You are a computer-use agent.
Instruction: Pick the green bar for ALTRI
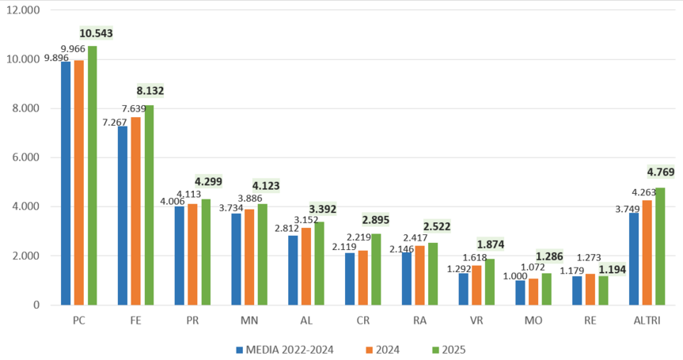point(659,246)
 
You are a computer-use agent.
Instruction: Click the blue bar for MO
point(520,292)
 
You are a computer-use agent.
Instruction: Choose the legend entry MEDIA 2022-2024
point(285,349)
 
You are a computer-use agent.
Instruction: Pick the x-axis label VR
point(477,320)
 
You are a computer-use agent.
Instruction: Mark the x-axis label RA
point(420,320)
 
